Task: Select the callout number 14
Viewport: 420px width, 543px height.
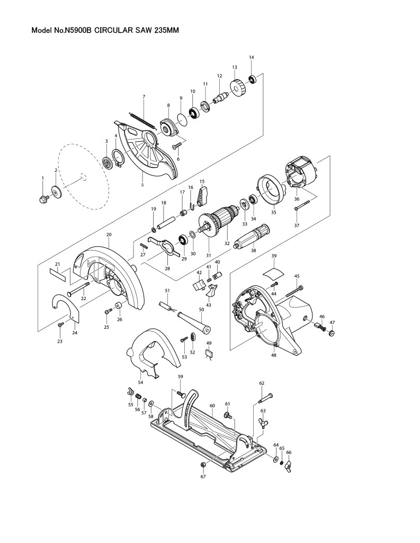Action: [252, 57]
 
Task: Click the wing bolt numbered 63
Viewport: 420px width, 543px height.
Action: [263, 423]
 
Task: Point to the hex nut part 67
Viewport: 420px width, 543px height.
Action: [203, 465]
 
